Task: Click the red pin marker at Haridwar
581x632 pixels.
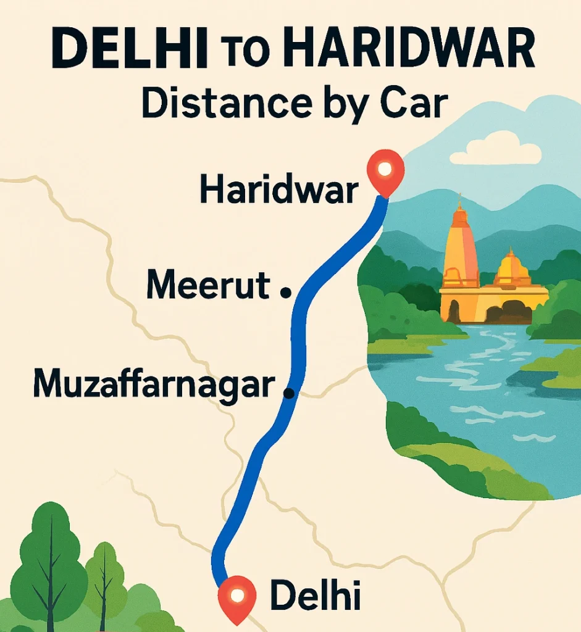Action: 385,168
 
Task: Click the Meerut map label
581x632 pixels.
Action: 208,286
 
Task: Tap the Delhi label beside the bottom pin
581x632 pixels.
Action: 315,596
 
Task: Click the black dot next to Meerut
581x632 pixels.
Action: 285,294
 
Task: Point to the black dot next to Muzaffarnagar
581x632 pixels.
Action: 287,391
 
